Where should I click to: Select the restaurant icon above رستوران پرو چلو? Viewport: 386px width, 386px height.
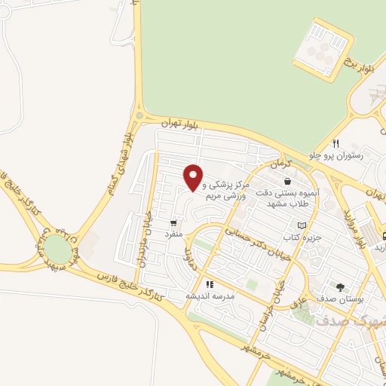click(336, 144)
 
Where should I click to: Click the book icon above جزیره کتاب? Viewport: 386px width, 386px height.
click(302, 225)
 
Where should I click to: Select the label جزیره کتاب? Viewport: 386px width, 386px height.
click(307, 237)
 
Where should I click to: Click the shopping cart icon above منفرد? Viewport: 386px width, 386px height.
click(175, 223)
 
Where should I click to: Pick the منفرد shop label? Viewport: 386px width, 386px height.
click(174, 234)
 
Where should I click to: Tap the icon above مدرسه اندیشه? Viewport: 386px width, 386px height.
click(210, 284)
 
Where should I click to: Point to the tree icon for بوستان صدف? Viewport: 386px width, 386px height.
click(340, 286)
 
